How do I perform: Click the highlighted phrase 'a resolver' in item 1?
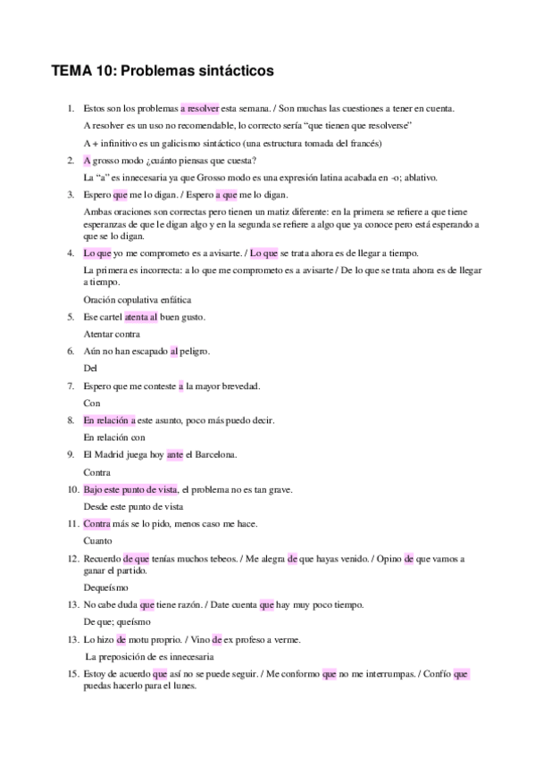coord(199,108)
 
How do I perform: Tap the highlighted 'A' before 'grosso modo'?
coord(87,161)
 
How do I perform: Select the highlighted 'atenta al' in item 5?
coord(141,317)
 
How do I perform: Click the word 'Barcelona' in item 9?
coord(216,455)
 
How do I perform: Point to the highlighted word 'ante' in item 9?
coord(175,455)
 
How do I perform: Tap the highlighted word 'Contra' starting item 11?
coord(96,524)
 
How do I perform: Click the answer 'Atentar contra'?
coord(112,334)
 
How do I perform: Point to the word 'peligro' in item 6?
coord(195,352)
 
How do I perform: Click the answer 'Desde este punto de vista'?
coord(132,506)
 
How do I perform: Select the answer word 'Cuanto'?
coord(97,541)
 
